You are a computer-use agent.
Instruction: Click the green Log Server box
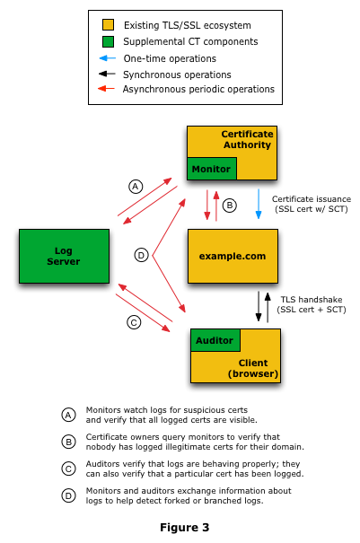tap(64, 256)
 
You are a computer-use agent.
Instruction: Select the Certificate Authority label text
tap(247, 139)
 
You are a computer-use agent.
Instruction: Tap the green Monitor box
tap(211, 169)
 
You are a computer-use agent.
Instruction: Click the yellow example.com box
tap(233, 256)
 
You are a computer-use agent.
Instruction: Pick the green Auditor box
tap(215, 340)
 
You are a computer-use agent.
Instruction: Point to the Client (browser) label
tap(253, 368)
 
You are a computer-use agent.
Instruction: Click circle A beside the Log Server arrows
tap(136, 187)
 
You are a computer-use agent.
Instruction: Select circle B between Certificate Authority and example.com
tap(229, 206)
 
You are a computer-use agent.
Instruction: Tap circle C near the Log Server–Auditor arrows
tap(134, 322)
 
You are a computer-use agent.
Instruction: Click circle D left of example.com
tap(141, 255)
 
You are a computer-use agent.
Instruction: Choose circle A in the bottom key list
tap(68, 415)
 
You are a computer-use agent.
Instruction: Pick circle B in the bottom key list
tap(68, 442)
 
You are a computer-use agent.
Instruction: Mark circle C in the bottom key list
tap(68, 469)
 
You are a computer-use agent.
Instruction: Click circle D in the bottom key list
tap(68, 495)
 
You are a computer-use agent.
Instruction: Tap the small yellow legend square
tap(108, 25)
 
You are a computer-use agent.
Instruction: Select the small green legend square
tap(108, 41)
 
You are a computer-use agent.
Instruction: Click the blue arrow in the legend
tap(107, 58)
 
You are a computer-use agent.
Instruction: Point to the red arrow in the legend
tap(106, 89)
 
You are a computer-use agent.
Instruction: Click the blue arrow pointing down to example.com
tap(259, 204)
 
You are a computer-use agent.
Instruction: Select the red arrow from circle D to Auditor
tap(170, 285)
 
